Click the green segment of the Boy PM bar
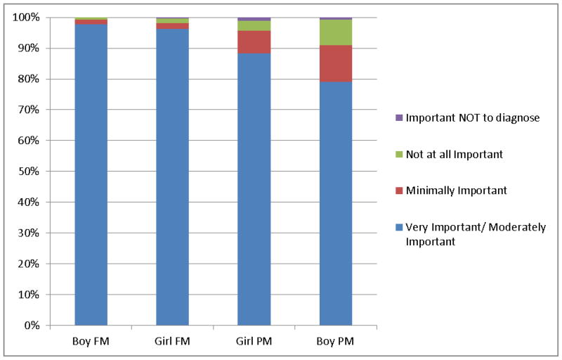tap(336, 32)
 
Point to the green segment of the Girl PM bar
tap(254, 26)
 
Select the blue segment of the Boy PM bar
tap(336, 204)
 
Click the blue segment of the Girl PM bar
tap(254, 189)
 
